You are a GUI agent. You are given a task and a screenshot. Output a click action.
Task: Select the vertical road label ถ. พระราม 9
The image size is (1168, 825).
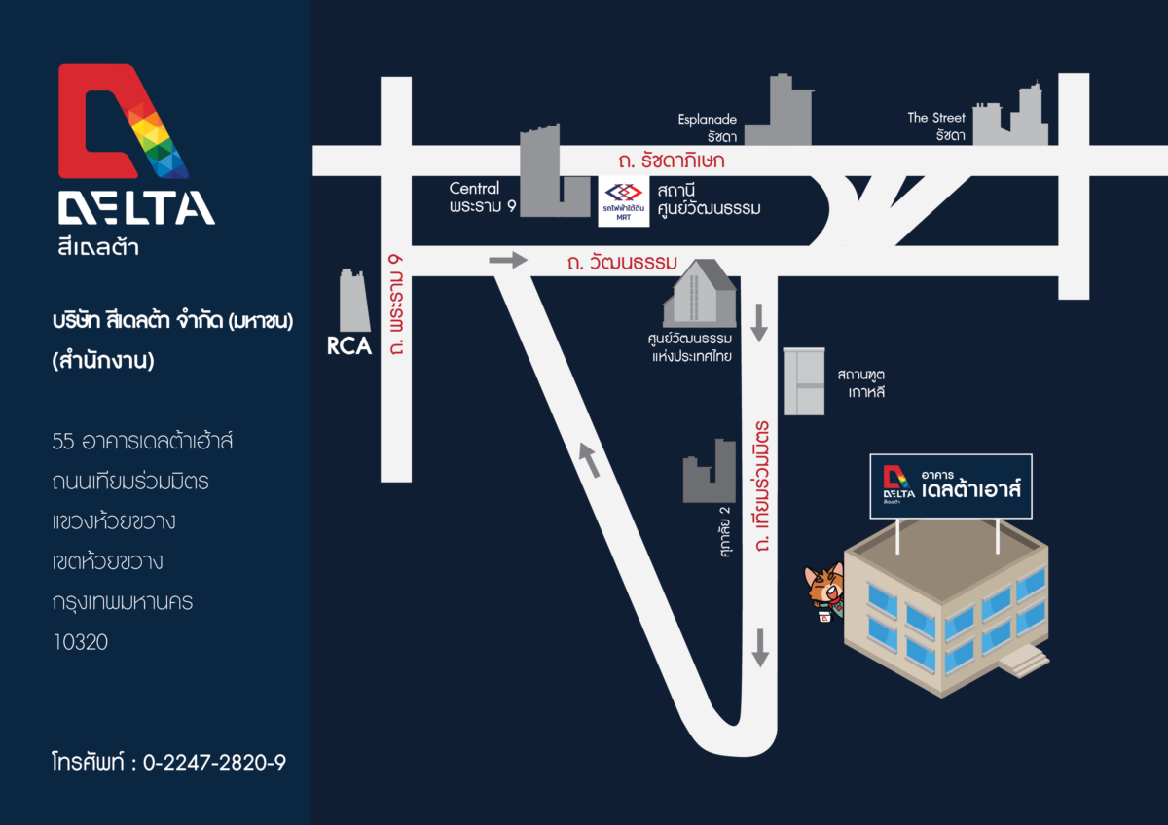point(395,304)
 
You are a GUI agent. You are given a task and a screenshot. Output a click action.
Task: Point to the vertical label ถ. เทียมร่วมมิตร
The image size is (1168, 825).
point(762,486)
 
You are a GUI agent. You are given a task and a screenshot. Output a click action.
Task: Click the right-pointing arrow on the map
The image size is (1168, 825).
point(507,260)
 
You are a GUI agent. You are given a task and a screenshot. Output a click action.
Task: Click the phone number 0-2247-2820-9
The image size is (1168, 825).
point(214,762)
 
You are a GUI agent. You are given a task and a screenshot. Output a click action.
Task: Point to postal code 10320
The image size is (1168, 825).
point(81,642)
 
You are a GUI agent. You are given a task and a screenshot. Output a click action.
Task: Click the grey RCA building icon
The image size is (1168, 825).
point(352,301)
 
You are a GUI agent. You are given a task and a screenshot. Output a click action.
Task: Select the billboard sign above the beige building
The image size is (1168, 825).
point(951,484)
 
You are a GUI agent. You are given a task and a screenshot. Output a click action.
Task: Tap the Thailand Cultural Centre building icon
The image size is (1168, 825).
point(698,294)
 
